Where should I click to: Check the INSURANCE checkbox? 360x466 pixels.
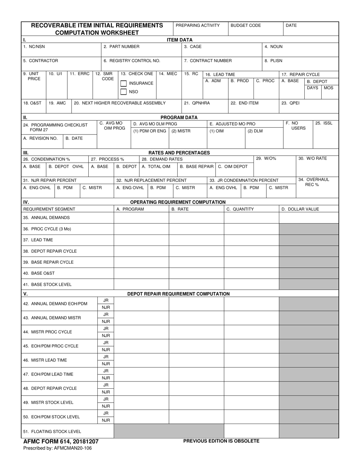(124, 83)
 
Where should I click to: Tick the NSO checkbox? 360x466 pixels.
(124, 92)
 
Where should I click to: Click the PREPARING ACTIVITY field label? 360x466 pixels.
(198, 25)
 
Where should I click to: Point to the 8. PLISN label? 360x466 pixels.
(273, 61)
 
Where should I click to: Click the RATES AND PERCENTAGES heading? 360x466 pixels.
(179, 153)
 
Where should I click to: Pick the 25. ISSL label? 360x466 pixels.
(324, 123)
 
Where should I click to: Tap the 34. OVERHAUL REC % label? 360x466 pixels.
(312, 182)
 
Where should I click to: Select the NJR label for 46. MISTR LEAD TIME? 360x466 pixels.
(106, 364)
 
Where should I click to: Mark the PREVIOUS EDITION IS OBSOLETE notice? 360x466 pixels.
(221, 441)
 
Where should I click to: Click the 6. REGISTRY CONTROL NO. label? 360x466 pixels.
(132, 61)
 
